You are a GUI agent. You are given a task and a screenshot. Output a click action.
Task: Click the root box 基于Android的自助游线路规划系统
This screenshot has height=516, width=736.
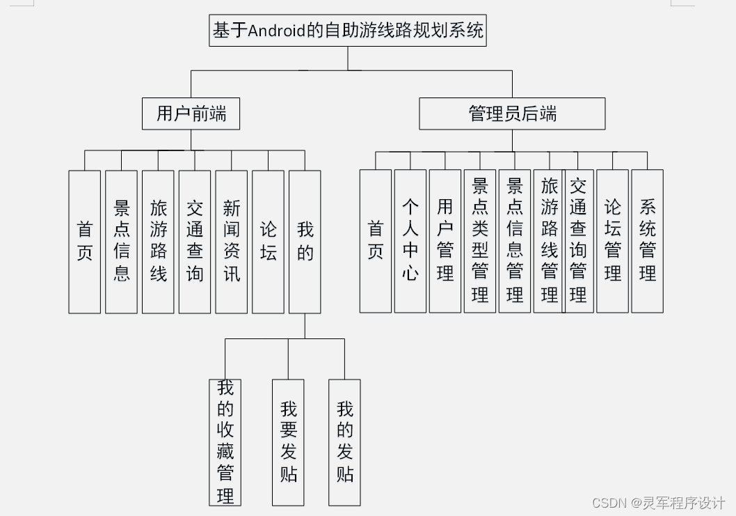pyautogui.click(x=348, y=31)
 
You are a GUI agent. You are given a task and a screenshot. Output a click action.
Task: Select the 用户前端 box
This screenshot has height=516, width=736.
pyautogui.click(x=191, y=114)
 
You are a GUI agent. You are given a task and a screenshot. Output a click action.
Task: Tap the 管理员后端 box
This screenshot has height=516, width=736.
pyautogui.click(x=512, y=114)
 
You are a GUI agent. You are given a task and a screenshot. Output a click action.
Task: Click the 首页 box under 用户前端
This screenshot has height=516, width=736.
pyautogui.click(x=84, y=242)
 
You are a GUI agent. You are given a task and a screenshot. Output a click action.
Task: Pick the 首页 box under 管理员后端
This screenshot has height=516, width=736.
pyautogui.click(x=376, y=241)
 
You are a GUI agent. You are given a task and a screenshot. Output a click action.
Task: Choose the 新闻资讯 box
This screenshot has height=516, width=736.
pyautogui.click(x=231, y=242)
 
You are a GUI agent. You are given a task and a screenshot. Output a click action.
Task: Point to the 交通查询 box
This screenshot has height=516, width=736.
pyautogui.click(x=195, y=242)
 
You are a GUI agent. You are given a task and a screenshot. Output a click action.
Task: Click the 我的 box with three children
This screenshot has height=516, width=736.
pyautogui.click(x=305, y=242)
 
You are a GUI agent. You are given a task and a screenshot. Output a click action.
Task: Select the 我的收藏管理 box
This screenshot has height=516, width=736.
pyautogui.click(x=225, y=442)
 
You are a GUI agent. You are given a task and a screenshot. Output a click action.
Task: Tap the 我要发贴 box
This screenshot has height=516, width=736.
pyautogui.click(x=288, y=442)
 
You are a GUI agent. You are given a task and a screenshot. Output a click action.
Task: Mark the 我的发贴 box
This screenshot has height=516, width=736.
pyautogui.click(x=344, y=442)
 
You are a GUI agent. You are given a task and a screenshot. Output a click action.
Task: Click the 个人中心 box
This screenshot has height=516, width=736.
pyautogui.click(x=410, y=241)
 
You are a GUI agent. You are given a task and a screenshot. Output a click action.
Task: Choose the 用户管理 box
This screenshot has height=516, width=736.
pyautogui.click(x=445, y=241)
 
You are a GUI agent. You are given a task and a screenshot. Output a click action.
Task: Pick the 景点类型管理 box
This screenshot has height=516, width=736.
pyautogui.click(x=480, y=241)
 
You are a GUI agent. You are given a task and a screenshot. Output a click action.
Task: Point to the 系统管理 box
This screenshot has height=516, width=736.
pyautogui.click(x=647, y=241)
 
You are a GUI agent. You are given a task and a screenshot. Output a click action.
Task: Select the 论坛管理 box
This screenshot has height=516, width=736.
pyautogui.click(x=612, y=241)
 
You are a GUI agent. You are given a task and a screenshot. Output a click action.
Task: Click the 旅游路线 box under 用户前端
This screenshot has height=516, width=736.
pyautogui.click(x=158, y=242)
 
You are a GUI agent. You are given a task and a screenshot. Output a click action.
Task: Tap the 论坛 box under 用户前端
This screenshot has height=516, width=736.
pyautogui.click(x=268, y=242)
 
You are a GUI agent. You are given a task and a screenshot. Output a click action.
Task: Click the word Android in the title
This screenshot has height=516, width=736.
pyautogui.click(x=278, y=31)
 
